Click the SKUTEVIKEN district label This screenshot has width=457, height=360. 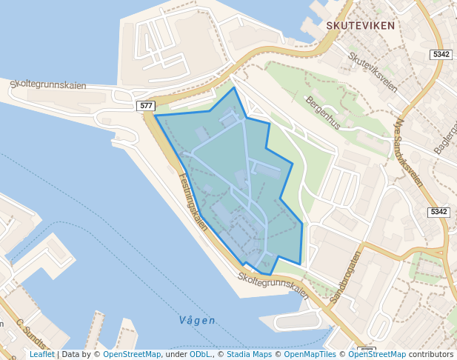(360, 25)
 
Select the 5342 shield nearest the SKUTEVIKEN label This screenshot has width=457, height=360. (441, 55)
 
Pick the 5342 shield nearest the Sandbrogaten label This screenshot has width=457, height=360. (438, 212)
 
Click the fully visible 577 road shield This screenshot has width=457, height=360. (145, 107)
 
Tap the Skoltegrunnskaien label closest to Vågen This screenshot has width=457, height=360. (273, 284)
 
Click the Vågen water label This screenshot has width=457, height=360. (197, 321)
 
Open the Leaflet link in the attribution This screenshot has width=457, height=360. (41, 354)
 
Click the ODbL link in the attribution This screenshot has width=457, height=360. (200, 354)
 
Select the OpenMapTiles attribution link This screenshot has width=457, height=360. (310, 354)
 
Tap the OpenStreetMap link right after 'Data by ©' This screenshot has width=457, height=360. (132, 354)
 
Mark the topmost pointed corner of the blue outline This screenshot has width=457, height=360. (235, 88)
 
